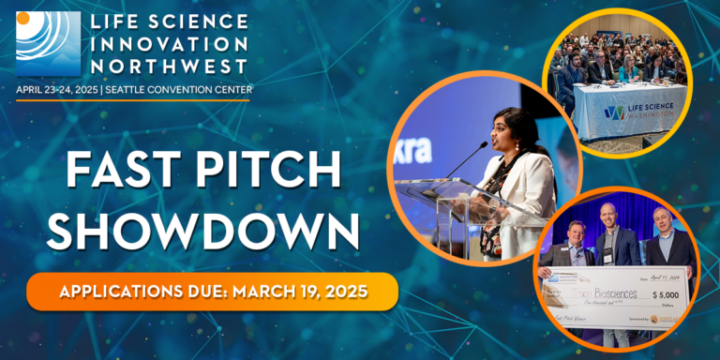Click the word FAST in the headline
coord(113,172)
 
